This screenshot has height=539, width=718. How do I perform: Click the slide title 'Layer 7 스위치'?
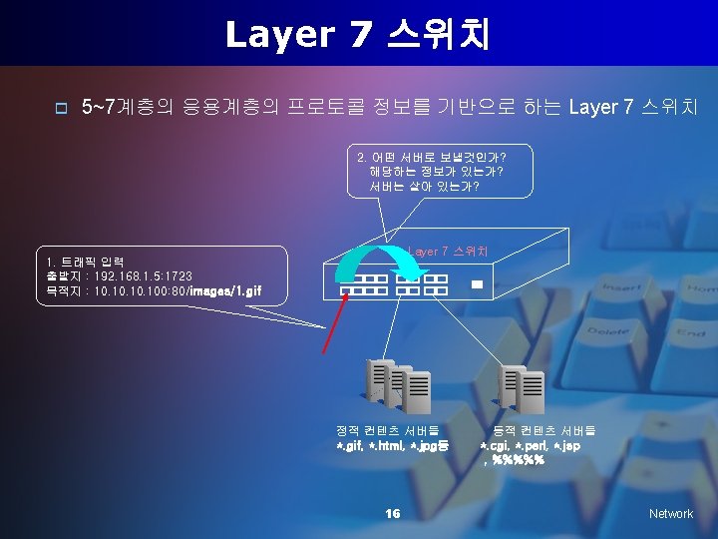(358, 34)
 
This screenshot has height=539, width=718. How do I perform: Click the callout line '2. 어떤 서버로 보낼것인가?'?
(431, 157)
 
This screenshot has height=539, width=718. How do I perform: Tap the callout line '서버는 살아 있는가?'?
(424, 186)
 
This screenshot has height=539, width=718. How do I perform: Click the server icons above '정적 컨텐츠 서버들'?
(399, 385)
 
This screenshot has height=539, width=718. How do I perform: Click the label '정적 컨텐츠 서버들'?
(388, 430)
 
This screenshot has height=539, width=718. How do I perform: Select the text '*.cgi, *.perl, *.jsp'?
(531, 445)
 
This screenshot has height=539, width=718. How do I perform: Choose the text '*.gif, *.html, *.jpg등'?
(393, 445)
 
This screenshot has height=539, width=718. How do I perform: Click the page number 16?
(392, 513)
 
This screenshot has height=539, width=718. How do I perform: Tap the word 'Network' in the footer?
(670, 513)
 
